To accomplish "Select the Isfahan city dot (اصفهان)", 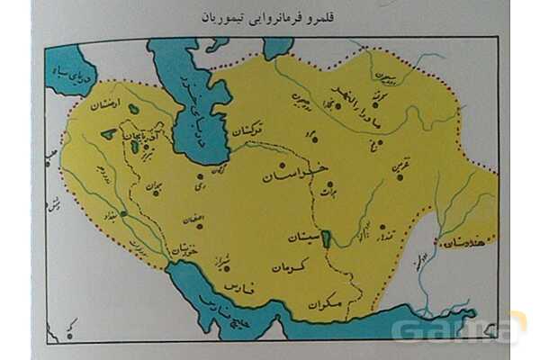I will [x=200, y=225].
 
